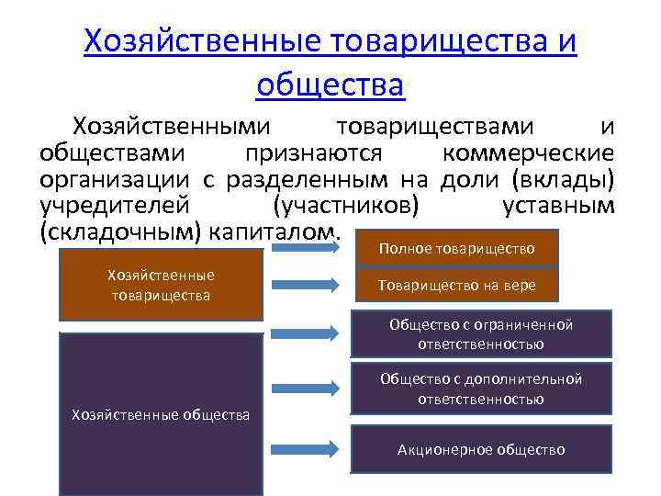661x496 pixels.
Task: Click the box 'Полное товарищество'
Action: point(456,249)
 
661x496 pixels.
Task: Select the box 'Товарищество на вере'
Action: point(456,286)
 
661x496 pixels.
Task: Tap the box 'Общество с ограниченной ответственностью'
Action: point(481,334)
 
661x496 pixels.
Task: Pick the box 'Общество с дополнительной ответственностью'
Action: point(481,389)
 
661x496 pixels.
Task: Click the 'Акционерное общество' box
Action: point(481,449)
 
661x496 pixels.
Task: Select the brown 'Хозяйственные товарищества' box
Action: point(161,285)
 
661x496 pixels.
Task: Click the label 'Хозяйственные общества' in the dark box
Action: point(161,415)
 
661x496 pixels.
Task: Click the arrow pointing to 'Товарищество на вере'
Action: point(308,286)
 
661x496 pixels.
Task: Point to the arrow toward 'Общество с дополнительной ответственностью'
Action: point(308,391)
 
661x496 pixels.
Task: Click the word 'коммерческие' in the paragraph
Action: point(528,152)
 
